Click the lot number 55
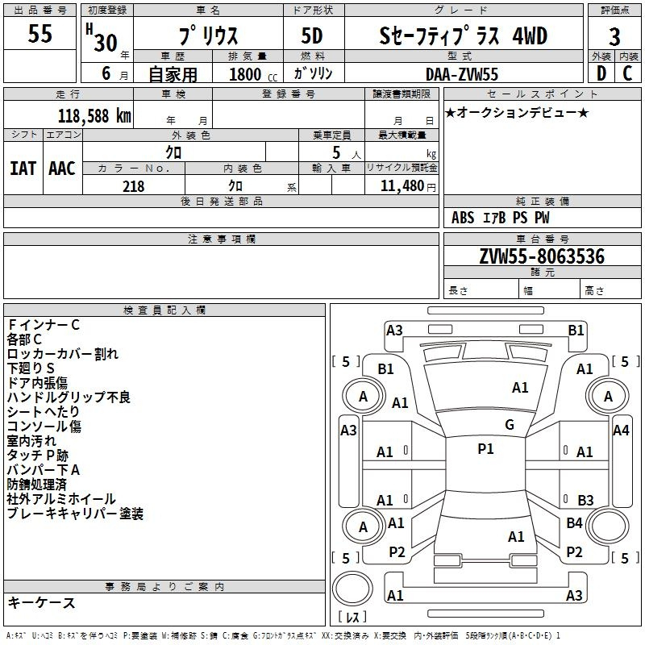click(x=40, y=34)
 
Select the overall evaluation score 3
click(x=614, y=36)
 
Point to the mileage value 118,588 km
click(x=94, y=115)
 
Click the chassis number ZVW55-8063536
click(x=542, y=257)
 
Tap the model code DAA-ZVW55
click(x=462, y=73)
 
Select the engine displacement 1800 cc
click(x=250, y=74)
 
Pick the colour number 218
click(x=133, y=186)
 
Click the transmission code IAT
click(x=23, y=169)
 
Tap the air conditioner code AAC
click(x=62, y=169)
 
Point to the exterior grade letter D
click(x=601, y=73)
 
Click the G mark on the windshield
click(x=510, y=424)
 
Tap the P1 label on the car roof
click(x=485, y=449)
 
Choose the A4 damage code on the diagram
click(x=621, y=430)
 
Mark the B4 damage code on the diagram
click(x=574, y=523)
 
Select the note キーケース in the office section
click(x=42, y=602)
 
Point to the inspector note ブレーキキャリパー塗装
click(x=75, y=514)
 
